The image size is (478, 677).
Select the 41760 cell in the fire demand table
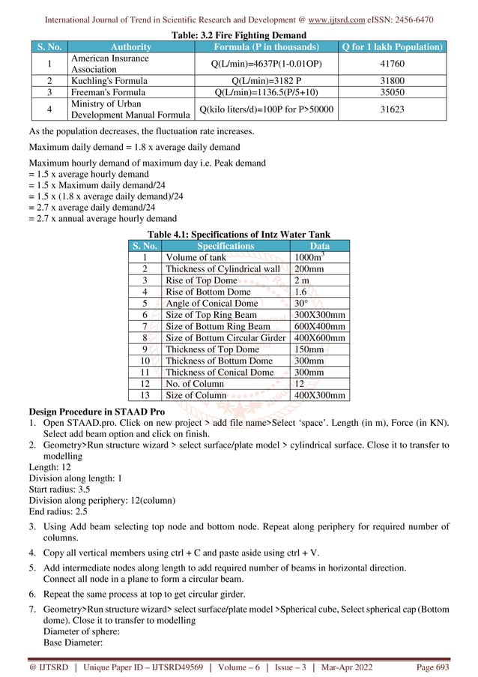(x=391, y=64)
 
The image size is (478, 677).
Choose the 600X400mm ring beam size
(x=319, y=327)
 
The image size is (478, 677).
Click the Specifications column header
(x=225, y=245)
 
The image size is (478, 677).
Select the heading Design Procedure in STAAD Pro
(x=94, y=412)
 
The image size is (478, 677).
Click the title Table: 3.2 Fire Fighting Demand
(x=238, y=35)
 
